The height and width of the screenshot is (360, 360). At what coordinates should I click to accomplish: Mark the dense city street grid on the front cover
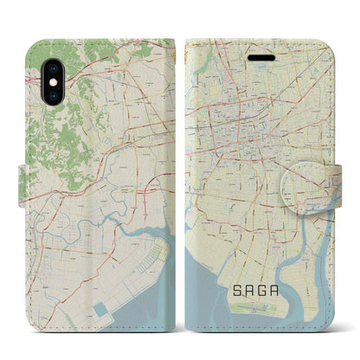(x=251, y=130)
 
